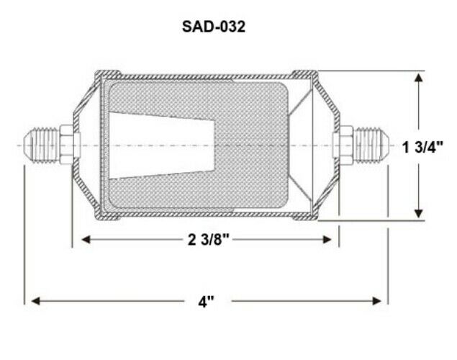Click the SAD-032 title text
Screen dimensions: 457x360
(214, 27)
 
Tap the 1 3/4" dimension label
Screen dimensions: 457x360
(422, 147)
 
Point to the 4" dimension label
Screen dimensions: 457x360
(207, 302)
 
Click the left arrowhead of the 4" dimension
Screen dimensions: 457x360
(35, 301)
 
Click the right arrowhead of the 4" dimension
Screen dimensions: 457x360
(377, 301)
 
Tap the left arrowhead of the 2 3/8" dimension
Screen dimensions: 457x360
(86, 240)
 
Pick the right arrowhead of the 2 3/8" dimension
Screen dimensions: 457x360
(327, 240)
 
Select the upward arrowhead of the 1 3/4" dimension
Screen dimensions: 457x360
(419, 78)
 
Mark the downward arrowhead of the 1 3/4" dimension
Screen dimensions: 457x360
(419, 213)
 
